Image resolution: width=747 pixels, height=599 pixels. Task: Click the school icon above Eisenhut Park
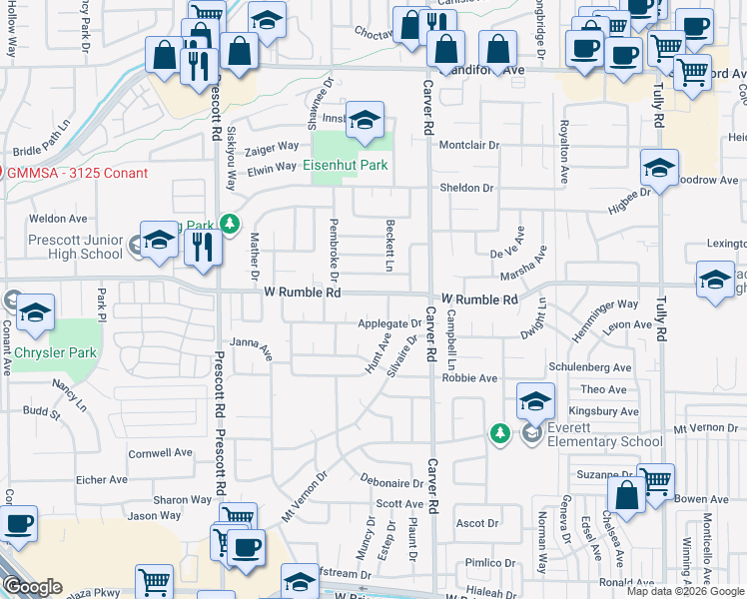point(366,121)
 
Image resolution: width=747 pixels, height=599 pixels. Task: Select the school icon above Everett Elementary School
point(536,402)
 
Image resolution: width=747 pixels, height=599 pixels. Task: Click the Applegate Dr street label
point(390,324)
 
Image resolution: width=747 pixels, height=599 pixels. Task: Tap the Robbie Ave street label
point(469,379)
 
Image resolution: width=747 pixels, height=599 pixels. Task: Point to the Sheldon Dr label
point(467,188)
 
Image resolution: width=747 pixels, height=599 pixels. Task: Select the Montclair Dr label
point(468,146)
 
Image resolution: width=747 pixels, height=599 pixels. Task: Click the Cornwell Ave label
point(160,452)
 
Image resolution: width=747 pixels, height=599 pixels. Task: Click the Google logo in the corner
point(33,587)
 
